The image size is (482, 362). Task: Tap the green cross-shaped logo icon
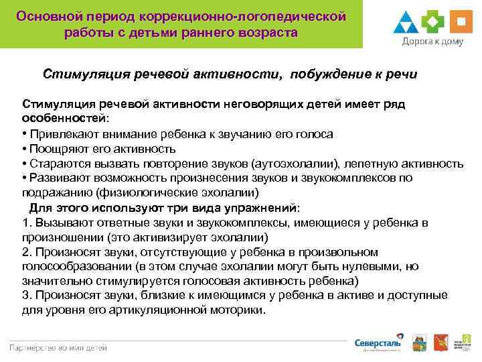[433, 22]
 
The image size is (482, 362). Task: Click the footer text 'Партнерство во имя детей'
[58, 347]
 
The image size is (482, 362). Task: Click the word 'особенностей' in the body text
[56, 119]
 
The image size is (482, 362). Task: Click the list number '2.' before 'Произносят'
[27, 252]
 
